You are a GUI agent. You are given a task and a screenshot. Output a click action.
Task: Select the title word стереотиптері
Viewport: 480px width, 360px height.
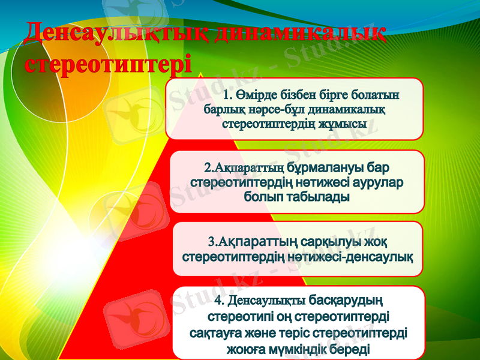pyautogui.click(x=109, y=64)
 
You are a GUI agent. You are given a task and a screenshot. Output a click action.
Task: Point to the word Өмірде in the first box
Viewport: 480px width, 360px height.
pyautogui.click(x=259, y=95)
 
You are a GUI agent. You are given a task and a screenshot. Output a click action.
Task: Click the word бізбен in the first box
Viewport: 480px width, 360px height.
pyautogui.click(x=305, y=95)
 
